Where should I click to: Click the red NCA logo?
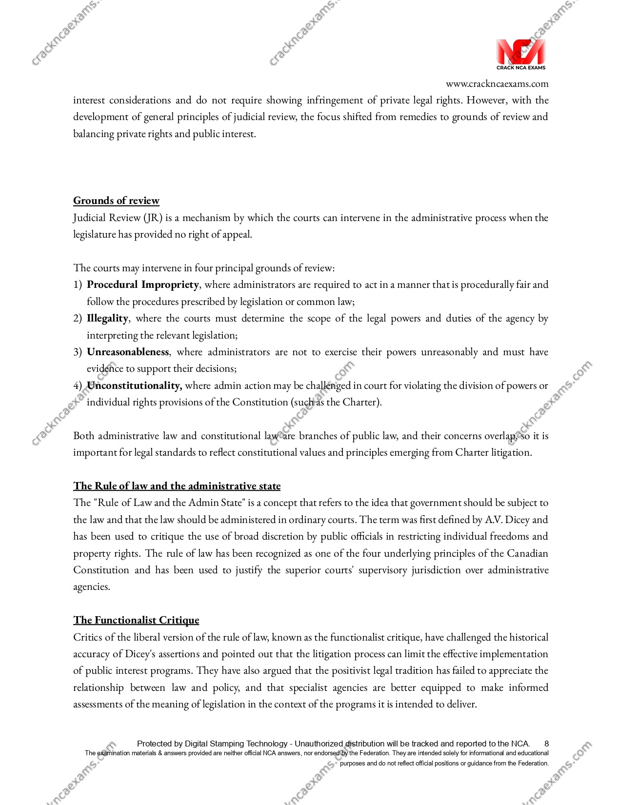point(520,52)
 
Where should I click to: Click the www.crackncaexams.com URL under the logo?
point(497,84)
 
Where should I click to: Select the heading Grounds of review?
point(116,201)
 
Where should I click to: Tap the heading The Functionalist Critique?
point(136,620)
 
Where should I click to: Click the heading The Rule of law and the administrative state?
point(177,486)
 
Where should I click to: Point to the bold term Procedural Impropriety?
point(142,284)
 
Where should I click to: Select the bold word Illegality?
point(107,318)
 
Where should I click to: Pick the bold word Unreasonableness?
point(128,352)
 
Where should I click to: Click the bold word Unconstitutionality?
point(134,385)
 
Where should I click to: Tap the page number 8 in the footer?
point(546,744)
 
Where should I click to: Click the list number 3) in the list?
point(78,352)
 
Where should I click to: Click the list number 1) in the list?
point(78,284)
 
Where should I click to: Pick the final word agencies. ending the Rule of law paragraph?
point(92,587)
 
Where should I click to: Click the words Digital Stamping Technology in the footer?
point(236,744)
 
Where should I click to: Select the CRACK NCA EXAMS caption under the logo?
point(521,68)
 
